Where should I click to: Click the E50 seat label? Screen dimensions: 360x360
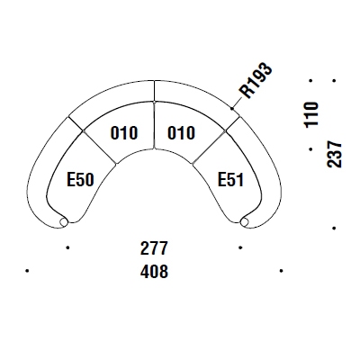pos(81,181)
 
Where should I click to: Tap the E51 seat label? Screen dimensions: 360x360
pos(231,181)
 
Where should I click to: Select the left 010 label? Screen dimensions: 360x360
pos(124,134)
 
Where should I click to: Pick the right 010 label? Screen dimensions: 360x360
pos(182,134)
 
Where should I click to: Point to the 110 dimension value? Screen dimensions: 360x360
pos(312,114)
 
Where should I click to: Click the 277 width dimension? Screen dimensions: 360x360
pos(155,248)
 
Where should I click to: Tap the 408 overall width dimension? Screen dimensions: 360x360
pos(155,270)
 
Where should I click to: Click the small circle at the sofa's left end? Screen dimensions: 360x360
pos(65,222)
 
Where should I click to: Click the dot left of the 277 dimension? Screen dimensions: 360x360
pos(67,247)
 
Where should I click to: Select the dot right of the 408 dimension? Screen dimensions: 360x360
pos(282,270)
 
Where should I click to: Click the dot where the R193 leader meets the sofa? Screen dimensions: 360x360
pos(233,109)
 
